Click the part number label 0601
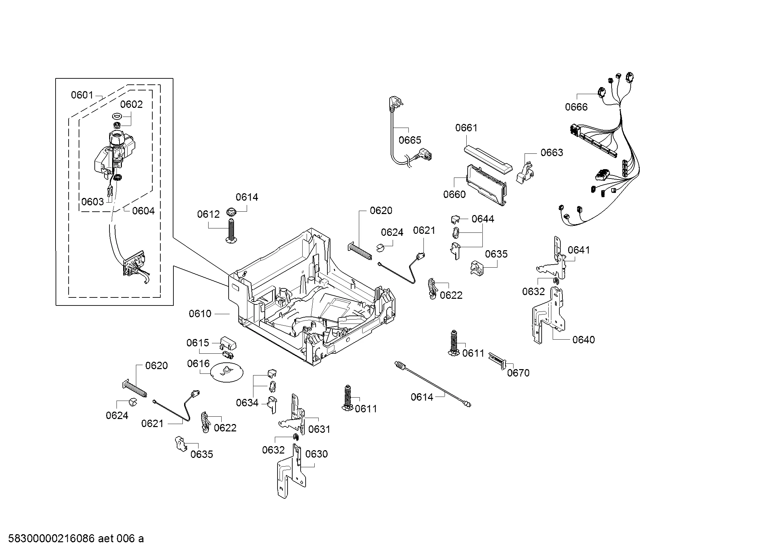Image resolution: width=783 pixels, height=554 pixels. [x=82, y=95]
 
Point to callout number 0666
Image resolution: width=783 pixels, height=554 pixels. [x=576, y=107]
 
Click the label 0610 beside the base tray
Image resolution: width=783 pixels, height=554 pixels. [x=200, y=314]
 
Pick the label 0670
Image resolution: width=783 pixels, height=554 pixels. [x=518, y=373]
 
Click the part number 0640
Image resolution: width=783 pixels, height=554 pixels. [x=583, y=339]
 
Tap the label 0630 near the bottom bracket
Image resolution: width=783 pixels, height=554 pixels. [x=316, y=454]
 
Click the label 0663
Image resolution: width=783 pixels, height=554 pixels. [x=551, y=152]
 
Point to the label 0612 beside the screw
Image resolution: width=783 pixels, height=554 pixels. [x=208, y=214]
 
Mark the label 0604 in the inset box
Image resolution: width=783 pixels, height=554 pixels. [x=143, y=211]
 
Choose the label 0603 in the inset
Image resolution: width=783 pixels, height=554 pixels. [x=92, y=202]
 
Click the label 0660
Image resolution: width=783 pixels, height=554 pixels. [x=454, y=194]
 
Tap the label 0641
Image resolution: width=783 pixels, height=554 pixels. [x=578, y=250]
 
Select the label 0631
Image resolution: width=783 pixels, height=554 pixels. [x=319, y=429]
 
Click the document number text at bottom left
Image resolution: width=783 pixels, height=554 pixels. [x=76, y=538]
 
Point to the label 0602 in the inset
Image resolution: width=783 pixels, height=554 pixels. [x=131, y=104]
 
